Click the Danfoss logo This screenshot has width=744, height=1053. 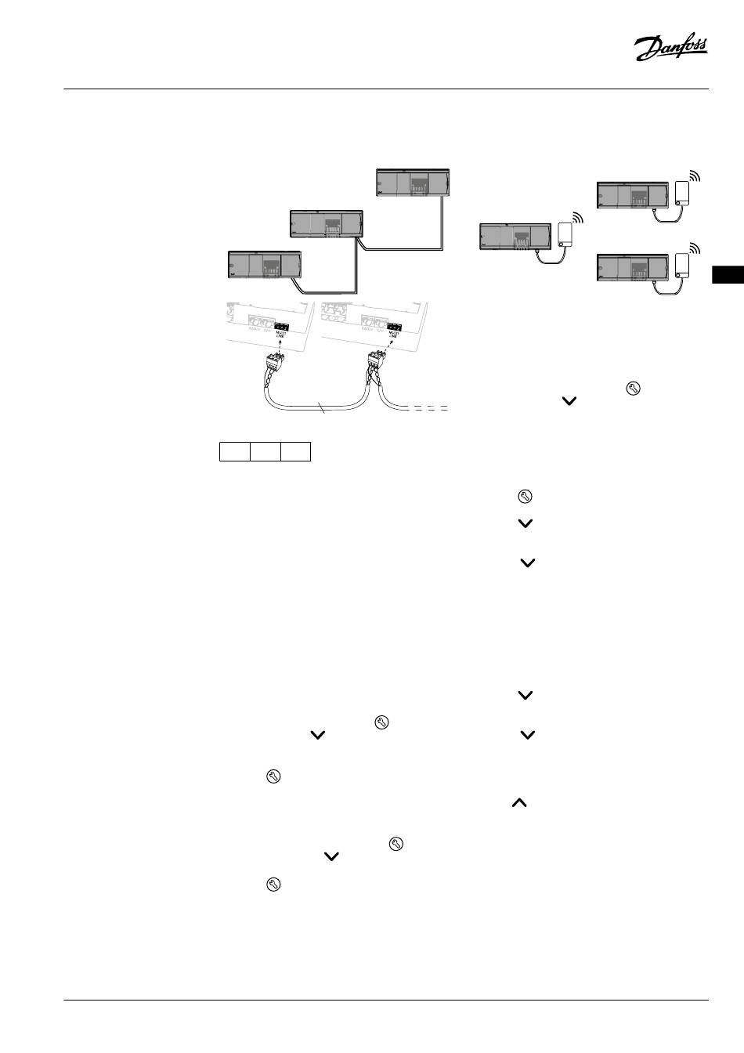coord(670,49)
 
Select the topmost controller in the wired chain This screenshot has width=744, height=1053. coord(413,182)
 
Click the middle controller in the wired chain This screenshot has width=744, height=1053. coord(326,223)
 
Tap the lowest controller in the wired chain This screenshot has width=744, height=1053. coord(264,263)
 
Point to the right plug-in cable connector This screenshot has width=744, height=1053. coord(376,363)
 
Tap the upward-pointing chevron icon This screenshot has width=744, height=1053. coord(519,803)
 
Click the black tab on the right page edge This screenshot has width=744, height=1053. coord(728,276)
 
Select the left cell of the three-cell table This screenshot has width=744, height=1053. coord(234,451)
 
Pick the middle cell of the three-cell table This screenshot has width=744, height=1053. coord(265,451)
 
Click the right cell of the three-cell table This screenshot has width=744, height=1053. coord(296,451)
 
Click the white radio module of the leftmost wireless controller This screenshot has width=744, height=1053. coord(565,233)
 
